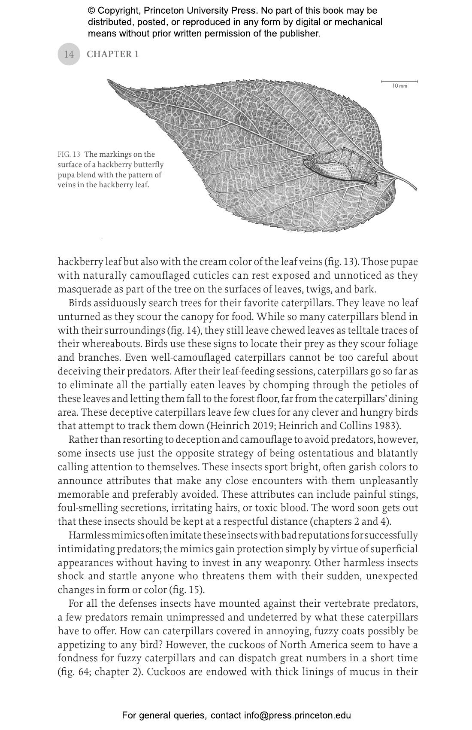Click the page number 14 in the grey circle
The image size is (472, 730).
click(69, 54)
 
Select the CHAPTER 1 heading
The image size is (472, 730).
click(112, 54)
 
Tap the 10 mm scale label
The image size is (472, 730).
click(399, 86)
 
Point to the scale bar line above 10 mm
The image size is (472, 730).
click(399, 81)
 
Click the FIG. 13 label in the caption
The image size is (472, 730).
click(69, 155)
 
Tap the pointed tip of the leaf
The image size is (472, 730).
click(109, 81)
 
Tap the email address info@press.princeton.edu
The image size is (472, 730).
click(297, 715)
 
